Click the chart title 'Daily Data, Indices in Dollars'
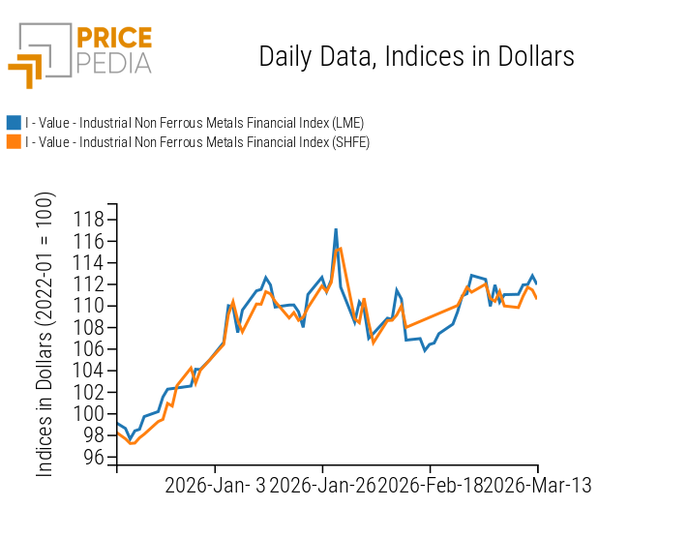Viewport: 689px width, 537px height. pos(416,56)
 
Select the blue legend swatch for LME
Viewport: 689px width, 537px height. pos(14,123)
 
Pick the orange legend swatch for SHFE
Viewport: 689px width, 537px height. pos(14,142)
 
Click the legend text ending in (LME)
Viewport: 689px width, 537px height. pos(195,123)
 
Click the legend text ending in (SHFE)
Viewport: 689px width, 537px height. pos(197,142)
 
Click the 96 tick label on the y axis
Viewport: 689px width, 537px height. pos(95,457)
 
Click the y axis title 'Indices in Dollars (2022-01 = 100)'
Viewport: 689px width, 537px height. pos(45,334)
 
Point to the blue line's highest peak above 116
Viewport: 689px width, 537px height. pos(336,230)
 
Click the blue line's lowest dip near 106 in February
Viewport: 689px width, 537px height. pos(425,349)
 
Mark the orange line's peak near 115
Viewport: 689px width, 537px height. pos(340,249)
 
